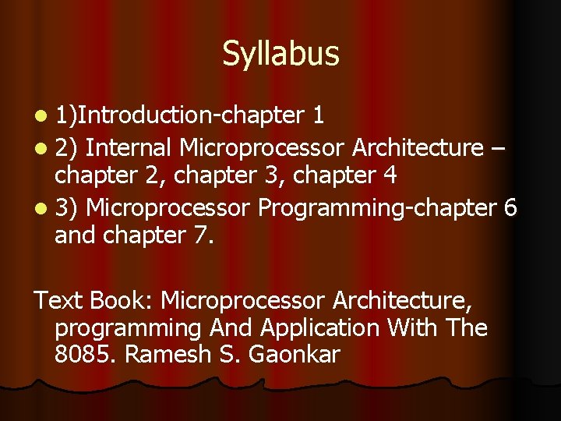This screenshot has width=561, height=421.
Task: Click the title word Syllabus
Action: pos(280,54)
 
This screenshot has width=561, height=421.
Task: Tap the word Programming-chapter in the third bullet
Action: pos(376,208)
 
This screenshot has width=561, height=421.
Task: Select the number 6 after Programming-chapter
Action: pos(510,208)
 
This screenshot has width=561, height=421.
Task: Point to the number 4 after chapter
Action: pos(390,175)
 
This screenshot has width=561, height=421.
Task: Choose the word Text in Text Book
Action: pos(59,299)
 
